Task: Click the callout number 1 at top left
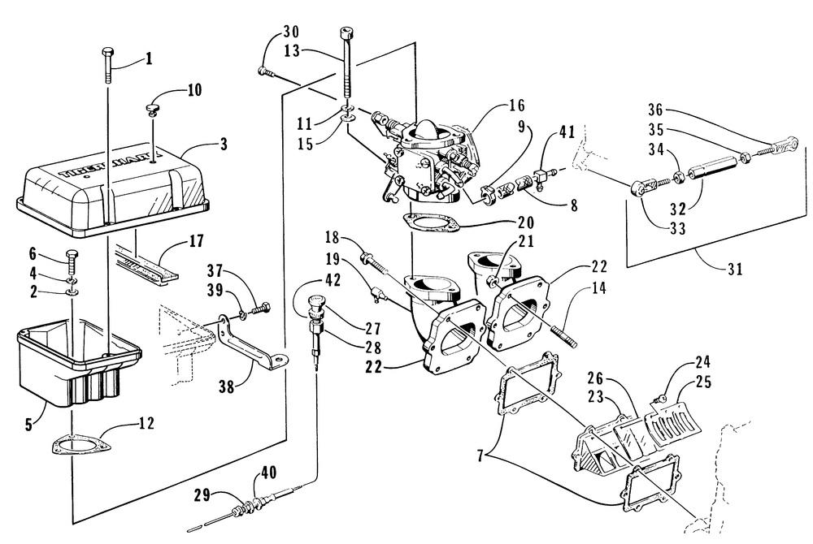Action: point(149,58)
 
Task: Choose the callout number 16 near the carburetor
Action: point(517,106)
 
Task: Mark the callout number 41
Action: point(566,130)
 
